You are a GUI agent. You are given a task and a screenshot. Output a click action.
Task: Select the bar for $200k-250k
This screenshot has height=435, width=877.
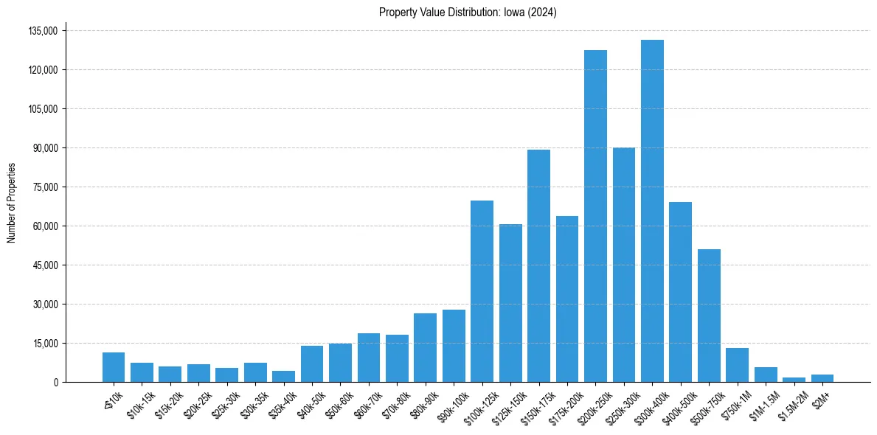(595, 216)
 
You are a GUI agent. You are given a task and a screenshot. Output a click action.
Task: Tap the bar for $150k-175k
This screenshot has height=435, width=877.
(538, 265)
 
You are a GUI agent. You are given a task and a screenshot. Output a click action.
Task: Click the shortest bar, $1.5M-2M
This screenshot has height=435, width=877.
(794, 380)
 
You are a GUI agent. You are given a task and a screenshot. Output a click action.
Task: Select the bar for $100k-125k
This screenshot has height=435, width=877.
(482, 291)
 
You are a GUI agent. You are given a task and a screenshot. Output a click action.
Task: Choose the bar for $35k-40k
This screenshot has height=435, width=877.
(283, 376)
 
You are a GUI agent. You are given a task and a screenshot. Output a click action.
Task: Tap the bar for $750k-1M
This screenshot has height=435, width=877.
(737, 365)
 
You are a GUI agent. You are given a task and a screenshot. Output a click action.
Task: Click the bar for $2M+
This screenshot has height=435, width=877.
(822, 378)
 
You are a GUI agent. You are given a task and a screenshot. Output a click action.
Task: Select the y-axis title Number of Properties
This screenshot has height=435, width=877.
(12, 203)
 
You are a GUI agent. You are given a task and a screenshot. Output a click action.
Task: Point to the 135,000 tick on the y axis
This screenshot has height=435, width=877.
(42, 31)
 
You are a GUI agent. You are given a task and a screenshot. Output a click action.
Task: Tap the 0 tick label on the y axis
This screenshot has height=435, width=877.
(55, 382)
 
